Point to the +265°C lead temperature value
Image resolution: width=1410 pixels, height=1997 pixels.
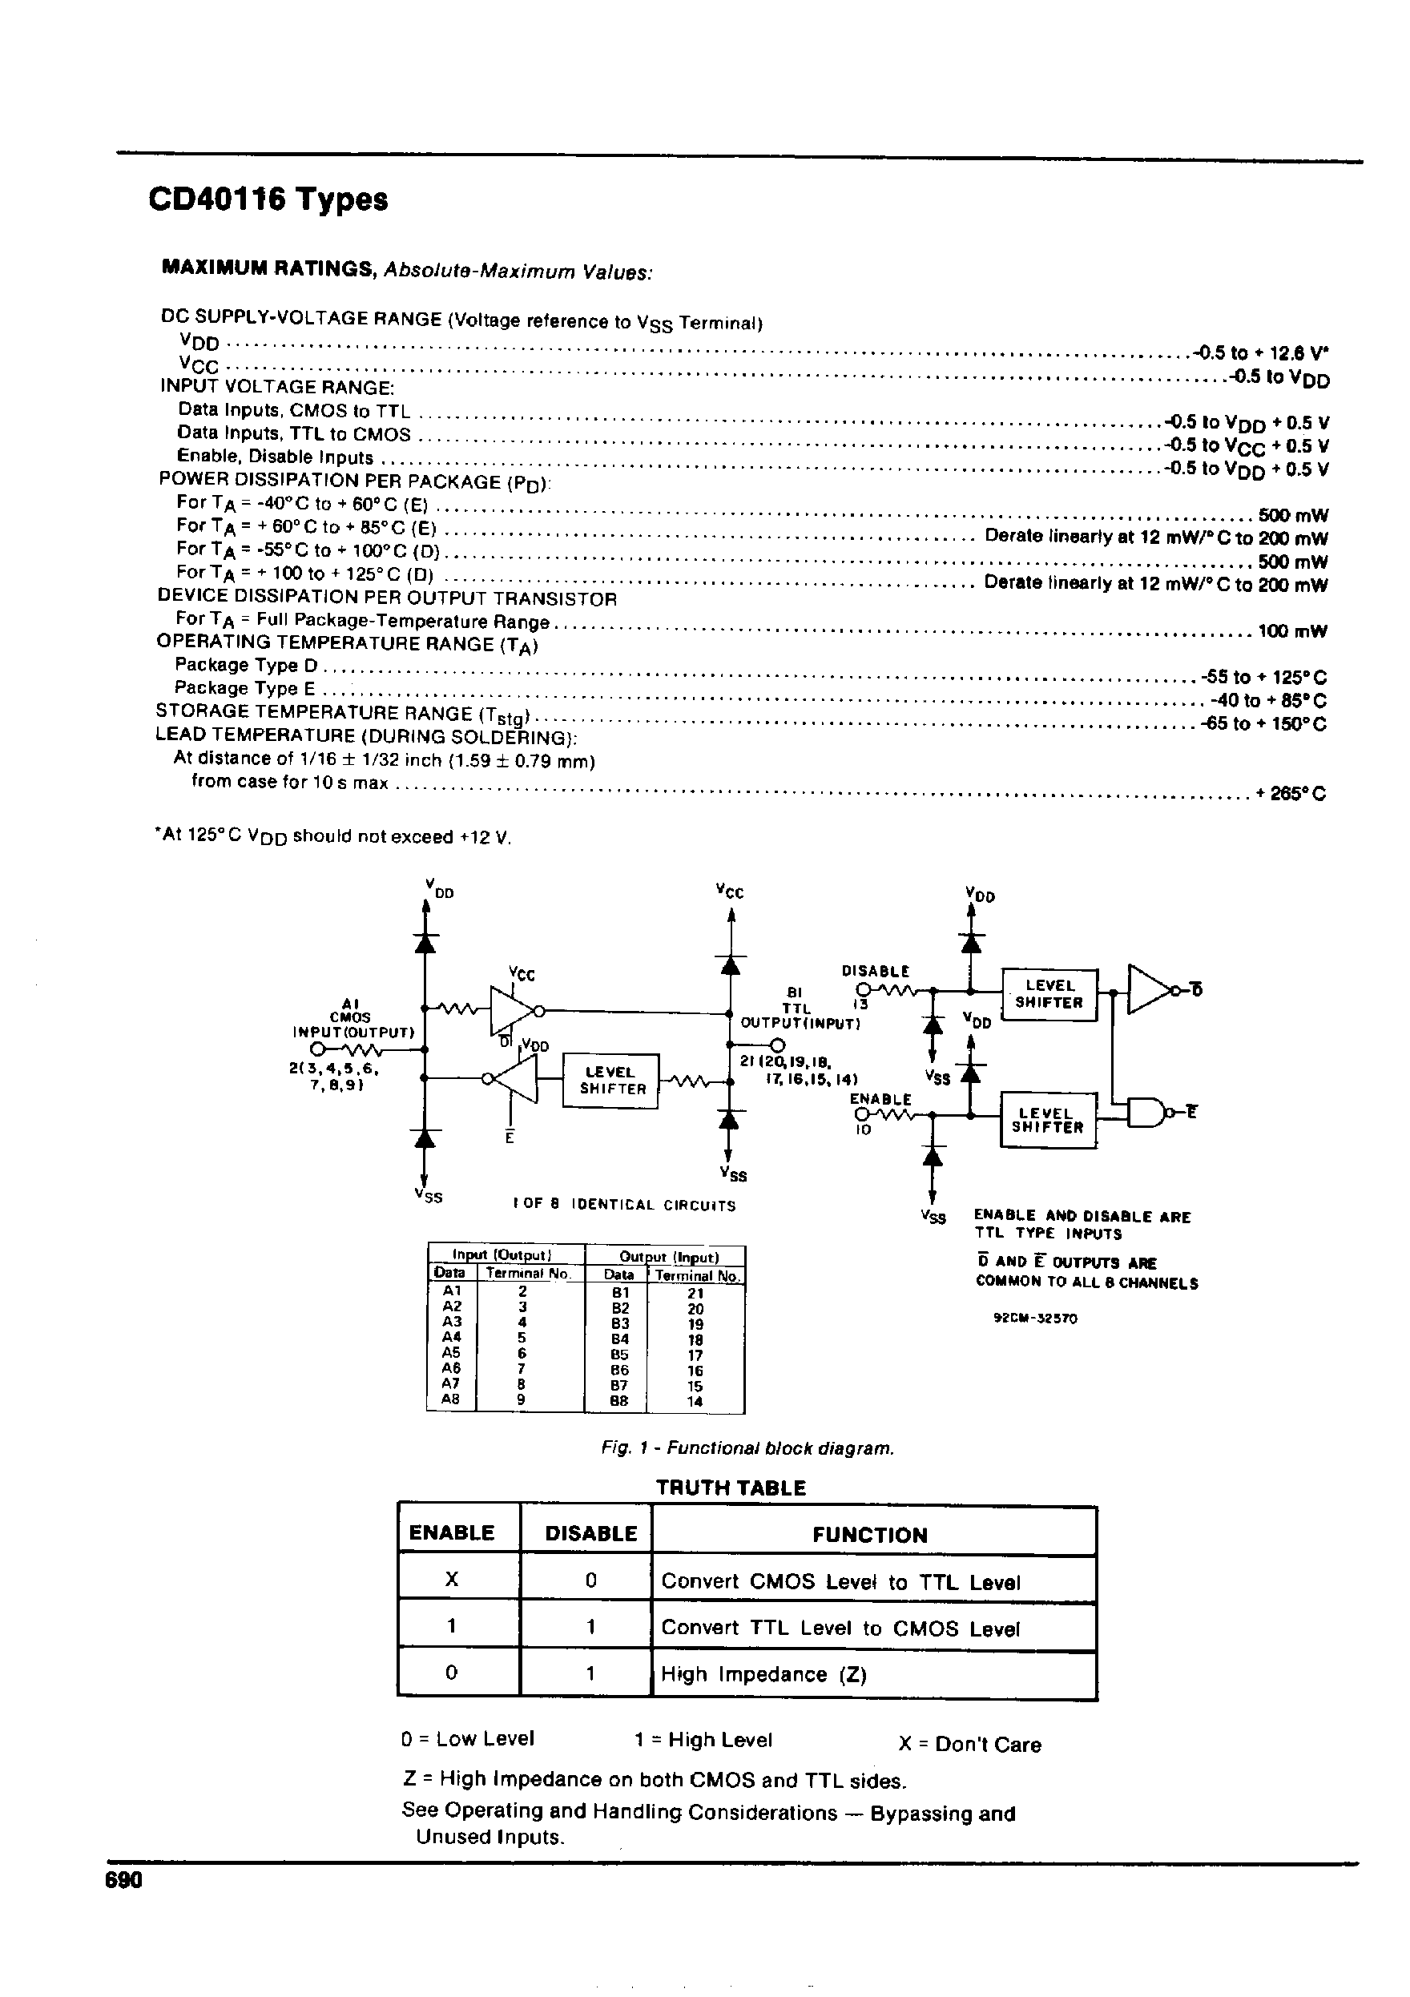point(1291,793)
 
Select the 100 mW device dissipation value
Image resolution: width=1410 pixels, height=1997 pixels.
point(1292,630)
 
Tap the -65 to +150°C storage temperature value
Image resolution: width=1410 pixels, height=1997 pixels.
point(1264,723)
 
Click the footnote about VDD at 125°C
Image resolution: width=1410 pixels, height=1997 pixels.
point(332,837)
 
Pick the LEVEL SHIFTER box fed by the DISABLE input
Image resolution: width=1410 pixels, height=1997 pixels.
point(1049,994)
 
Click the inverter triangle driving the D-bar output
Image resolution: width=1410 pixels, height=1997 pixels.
point(1148,989)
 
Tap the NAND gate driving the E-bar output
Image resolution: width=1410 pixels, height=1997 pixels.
point(1146,1112)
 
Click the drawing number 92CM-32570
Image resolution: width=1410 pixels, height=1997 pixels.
point(1035,1318)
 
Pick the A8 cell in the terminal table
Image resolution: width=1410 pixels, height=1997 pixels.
point(450,1399)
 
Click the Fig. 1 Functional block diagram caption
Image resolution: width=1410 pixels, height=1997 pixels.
point(747,1448)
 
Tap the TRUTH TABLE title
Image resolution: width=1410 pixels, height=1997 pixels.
point(731,1488)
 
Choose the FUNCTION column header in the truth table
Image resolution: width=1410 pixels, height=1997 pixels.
point(870,1534)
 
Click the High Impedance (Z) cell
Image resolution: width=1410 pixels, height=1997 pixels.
point(763,1674)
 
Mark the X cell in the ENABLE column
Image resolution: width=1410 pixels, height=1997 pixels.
point(452,1580)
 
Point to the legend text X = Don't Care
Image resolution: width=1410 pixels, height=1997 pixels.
point(969,1744)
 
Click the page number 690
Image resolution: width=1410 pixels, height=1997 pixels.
point(123,1881)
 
